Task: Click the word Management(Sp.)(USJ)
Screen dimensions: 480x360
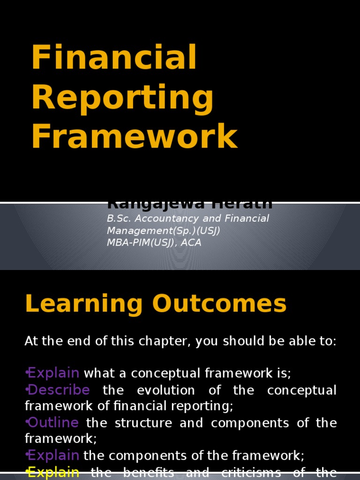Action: (x=164, y=231)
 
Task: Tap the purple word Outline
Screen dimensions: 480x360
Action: (x=53, y=423)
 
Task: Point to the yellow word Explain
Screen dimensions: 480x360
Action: (x=53, y=472)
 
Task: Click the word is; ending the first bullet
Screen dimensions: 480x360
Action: (x=283, y=374)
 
